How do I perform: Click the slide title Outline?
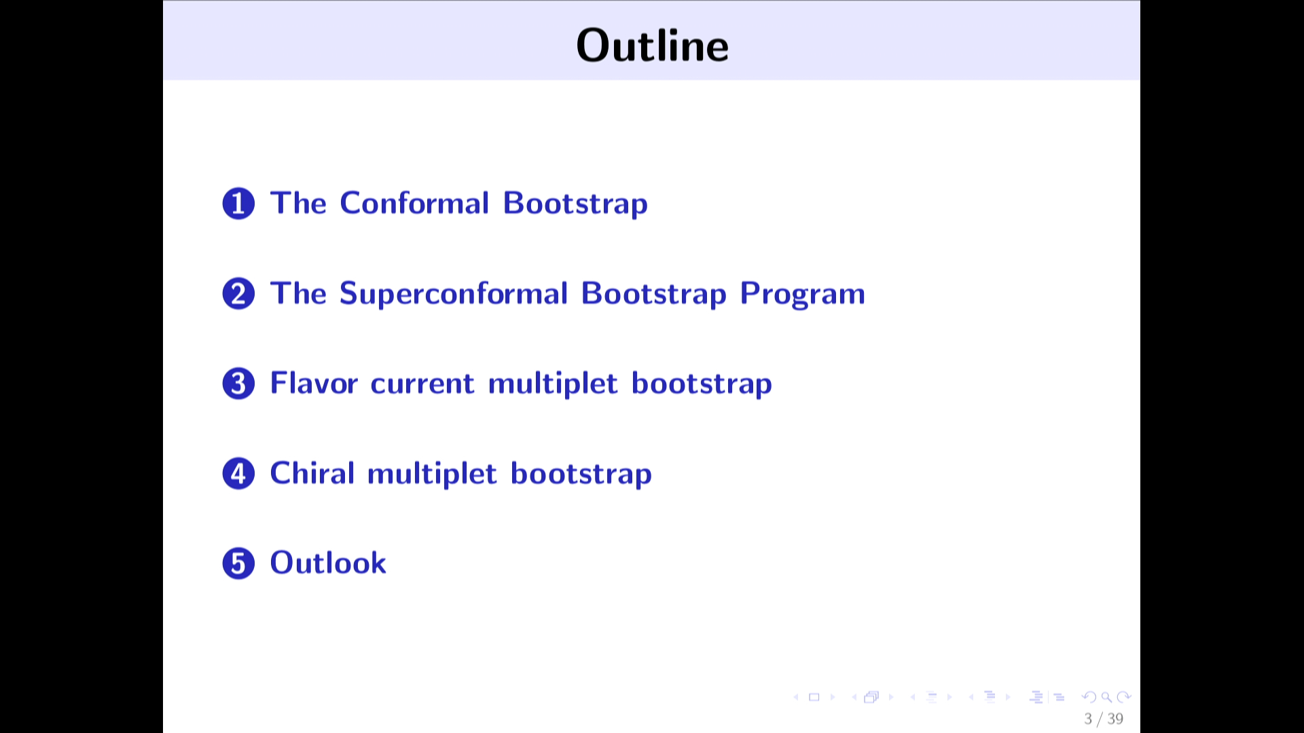(x=652, y=45)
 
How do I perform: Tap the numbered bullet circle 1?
(x=238, y=204)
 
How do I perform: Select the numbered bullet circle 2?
(x=238, y=294)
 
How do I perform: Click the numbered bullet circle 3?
(x=238, y=383)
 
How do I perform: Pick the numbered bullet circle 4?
(x=238, y=474)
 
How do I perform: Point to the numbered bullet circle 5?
(x=238, y=563)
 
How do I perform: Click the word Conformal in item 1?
(x=414, y=203)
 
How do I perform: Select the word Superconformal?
(x=453, y=293)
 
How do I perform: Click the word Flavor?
(x=314, y=383)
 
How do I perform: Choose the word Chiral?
(x=312, y=473)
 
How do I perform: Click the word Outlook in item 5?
(x=328, y=563)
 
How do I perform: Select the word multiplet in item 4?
(x=432, y=474)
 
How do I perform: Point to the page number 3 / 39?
(x=1104, y=719)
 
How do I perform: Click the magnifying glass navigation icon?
(x=1106, y=697)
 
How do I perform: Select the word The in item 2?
(x=298, y=293)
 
